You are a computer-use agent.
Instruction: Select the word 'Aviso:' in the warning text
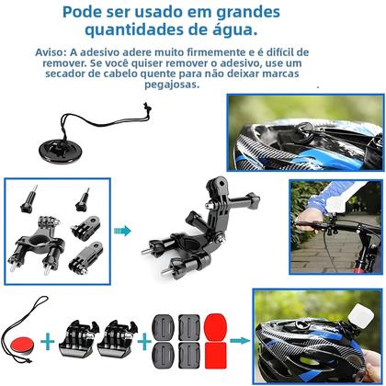pyautogui.click(x=55, y=53)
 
